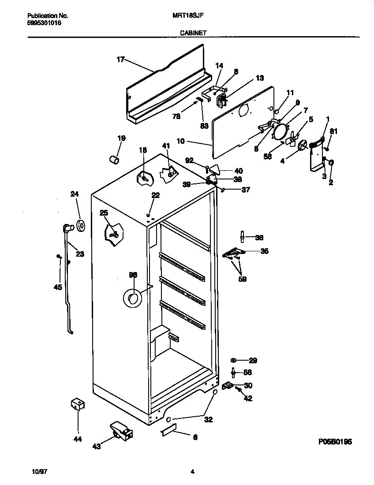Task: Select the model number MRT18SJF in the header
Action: click(188, 15)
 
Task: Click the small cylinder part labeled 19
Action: click(114, 159)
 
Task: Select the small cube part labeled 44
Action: click(78, 404)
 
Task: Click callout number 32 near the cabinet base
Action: click(208, 420)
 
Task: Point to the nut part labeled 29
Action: click(233, 361)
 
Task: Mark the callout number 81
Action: click(334, 131)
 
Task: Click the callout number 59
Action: click(242, 279)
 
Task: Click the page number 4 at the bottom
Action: click(192, 471)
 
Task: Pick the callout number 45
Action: click(57, 287)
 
